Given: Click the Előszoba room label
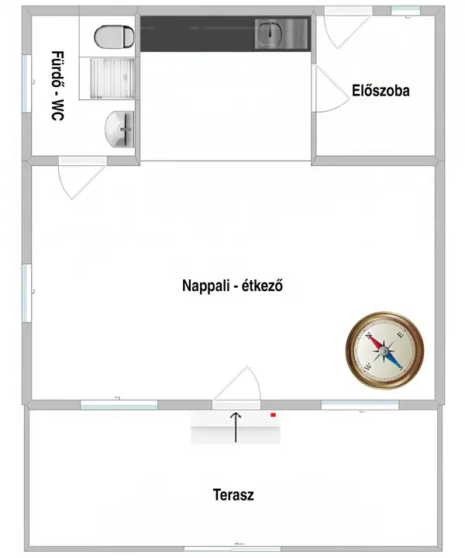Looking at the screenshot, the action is click(x=381, y=90).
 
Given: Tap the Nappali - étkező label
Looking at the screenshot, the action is click(x=232, y=286).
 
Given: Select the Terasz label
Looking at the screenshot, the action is click(x=233, y=494).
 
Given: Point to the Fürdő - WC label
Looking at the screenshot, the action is click(x=58, y=86).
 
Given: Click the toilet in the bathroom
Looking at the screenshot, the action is click(x=114, y=36).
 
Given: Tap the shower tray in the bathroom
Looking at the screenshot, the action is click(x=112, y=78).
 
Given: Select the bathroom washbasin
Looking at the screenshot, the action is click(x=120, y=129).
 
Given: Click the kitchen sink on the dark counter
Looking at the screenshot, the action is click(x=281, y=33).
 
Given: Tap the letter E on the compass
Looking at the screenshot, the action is click(x=401, y=334).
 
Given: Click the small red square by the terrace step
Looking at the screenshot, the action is click(x=274, y=414).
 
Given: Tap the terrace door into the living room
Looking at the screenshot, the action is click(x=236, y=386).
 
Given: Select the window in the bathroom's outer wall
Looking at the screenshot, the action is click(x=26, y=84).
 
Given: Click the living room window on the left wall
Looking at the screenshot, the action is click(x=26, y=293).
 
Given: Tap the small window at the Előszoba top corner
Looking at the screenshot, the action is click(x=405, y=11).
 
